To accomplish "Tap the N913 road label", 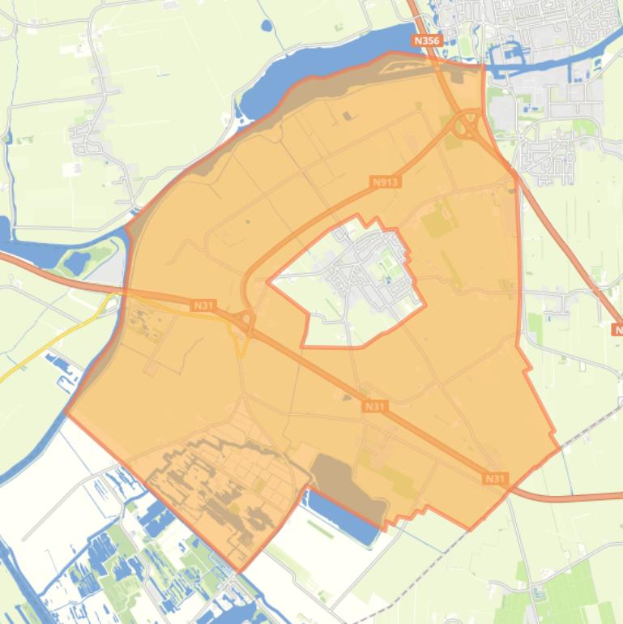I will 386,182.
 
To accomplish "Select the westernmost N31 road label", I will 203,306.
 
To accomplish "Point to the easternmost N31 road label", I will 495,479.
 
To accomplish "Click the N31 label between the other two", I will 374,406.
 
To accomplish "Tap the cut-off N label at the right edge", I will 617,330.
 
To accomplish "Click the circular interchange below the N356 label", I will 467,126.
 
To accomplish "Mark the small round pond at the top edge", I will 267,26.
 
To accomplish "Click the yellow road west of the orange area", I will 49,348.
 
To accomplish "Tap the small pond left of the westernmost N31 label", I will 78,262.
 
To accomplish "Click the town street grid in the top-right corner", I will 559,24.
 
